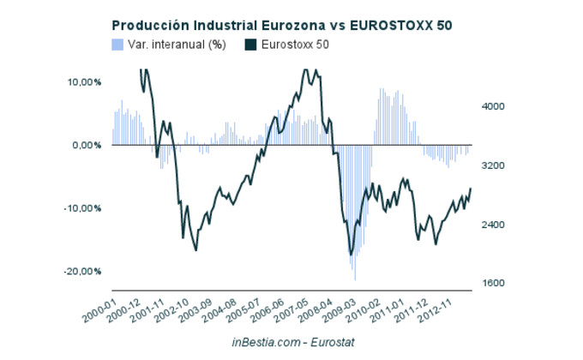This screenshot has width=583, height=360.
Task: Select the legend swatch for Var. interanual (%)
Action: coord(117,44)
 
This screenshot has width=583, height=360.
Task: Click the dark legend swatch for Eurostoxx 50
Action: coord(250,44)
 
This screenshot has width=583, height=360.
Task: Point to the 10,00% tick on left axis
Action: coord(84,82)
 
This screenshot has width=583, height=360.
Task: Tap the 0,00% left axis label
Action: coord(87,145)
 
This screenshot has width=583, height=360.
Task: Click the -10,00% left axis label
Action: coord(83,208)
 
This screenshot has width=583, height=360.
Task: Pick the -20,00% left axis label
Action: coord(83,271)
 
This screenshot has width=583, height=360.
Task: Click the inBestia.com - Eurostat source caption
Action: coord(293,341)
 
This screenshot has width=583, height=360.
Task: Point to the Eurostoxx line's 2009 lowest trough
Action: coord(350,255)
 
